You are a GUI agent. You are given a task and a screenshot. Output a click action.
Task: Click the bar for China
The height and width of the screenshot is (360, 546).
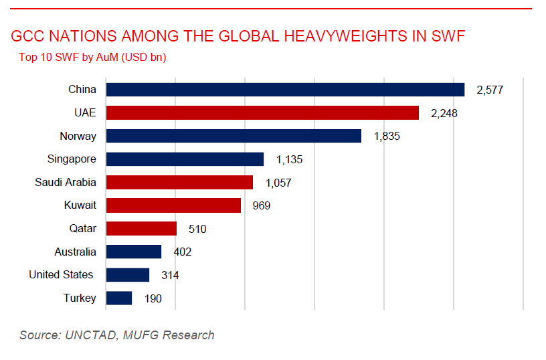click(285, 90)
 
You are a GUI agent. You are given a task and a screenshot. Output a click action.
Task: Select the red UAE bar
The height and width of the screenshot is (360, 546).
click(262, 113)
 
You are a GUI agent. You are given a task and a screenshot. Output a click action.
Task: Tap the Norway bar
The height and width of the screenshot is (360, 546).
click(234, 136)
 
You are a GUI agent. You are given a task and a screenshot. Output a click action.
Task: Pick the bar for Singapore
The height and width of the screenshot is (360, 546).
click(185, 159)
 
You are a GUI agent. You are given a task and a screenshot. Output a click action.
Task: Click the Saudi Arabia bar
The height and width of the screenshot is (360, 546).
click(179, 182)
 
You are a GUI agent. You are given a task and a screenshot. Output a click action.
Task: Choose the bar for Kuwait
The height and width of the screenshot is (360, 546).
click(173, 205)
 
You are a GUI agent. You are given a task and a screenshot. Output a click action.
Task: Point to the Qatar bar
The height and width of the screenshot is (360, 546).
click(141, 229)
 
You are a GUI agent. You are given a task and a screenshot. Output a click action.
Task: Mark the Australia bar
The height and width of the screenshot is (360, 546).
click(134, 252)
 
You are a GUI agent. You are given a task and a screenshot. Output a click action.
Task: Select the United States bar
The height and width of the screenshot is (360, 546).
click(128, 275)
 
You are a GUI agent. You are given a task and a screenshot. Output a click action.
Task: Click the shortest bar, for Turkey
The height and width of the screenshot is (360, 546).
click(119, 298)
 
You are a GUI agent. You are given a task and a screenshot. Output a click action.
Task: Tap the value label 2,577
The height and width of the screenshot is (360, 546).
click(489, 90)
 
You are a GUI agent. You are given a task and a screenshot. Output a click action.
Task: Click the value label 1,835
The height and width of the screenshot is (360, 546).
click(387, 137)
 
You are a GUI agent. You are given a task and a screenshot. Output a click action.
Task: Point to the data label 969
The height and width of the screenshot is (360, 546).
click(261, 205)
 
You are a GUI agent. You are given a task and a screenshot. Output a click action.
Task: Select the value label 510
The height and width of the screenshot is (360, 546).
click(197, 229)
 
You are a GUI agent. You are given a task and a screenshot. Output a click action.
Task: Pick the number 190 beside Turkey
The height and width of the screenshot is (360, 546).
click(153, 298)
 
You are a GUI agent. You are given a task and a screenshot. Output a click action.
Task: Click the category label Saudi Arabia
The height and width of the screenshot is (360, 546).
click(66, 182)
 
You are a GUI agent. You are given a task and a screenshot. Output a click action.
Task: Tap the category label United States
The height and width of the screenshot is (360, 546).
click(61, 275)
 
